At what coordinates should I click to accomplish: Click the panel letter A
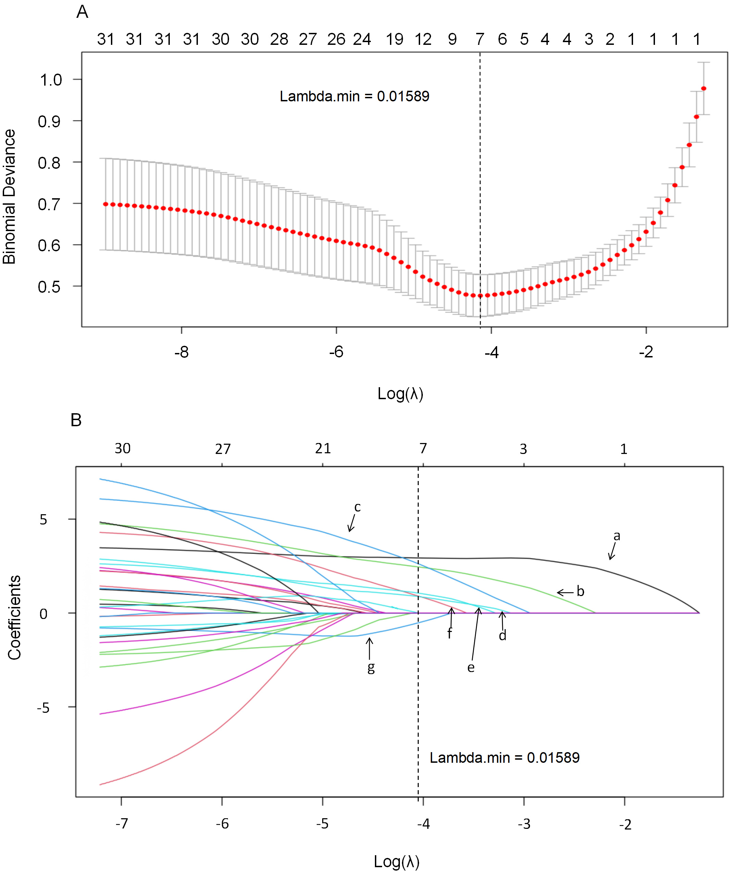(82, 12)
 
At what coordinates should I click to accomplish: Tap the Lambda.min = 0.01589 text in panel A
(354, 97)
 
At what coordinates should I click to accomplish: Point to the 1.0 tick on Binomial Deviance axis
(51, 80)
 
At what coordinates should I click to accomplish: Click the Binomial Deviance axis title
(9, 197)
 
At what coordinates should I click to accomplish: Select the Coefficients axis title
(14, 617)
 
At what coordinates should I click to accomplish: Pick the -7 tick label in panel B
(122, 824)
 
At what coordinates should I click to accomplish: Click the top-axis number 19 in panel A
(394, 39)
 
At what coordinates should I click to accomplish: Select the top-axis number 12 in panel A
(423, 39)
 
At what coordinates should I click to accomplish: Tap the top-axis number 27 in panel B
(223, 449)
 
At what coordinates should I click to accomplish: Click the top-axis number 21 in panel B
(323, 448)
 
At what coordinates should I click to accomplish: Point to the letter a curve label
(617, 536)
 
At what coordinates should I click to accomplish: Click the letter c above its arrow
(357, 508)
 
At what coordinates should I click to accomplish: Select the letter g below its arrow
(371, 667)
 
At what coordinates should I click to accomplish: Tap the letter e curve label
(470, 668)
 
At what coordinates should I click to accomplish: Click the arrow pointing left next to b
(565, 592)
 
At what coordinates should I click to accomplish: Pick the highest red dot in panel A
(704, 89)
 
